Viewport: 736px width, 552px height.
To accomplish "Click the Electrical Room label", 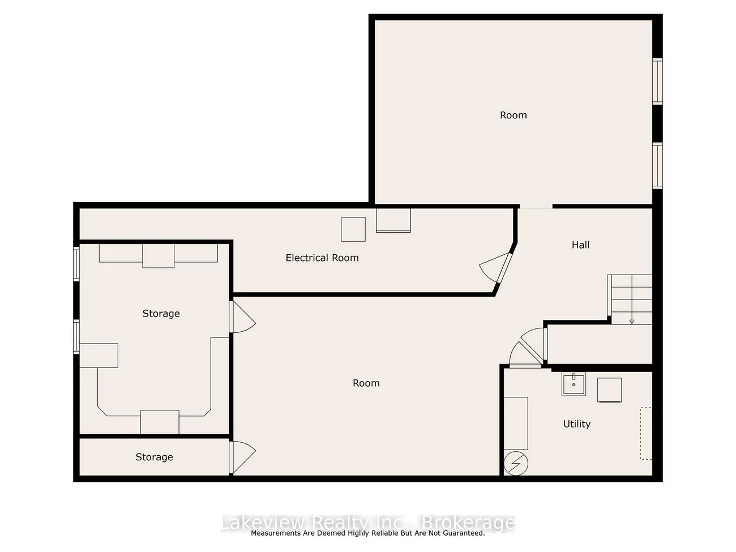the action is click(x=322, y=258).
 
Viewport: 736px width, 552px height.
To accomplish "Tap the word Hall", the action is click(x=580, y=245).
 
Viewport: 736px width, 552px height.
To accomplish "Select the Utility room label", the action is click(x=577, y=424).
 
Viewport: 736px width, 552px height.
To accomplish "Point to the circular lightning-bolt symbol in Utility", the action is click(x=516, y=464).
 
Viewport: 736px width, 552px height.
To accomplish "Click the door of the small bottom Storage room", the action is click(x=242, y=457).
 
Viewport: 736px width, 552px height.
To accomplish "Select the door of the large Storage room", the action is click(x=242, y=316).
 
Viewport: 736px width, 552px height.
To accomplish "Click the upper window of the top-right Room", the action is click(x=657, y=82).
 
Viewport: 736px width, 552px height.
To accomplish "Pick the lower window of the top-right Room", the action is click(x=657, y=165).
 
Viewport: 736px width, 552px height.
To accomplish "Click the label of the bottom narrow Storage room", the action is click(x=154, y=457).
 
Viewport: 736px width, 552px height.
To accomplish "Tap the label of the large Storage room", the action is click(x=161, y=314).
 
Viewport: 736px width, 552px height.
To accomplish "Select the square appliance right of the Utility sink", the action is click(x=610, y=390).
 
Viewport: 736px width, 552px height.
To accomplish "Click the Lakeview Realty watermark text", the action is click(x=368, y=523).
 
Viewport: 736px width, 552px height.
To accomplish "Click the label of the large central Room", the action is click(x=366, y=383).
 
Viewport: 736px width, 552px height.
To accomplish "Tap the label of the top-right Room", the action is click(x=514, y=115).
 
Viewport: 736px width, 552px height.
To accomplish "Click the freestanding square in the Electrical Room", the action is click(x=353, y=229).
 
